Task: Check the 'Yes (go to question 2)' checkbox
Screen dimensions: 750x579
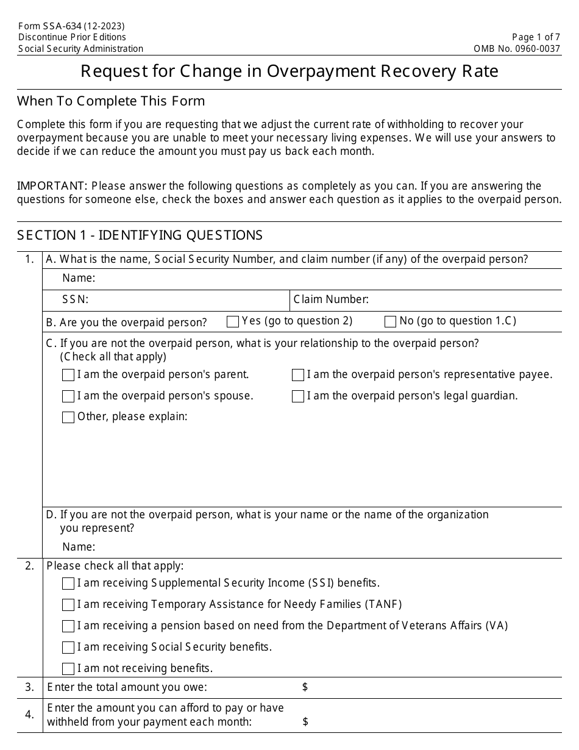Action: coord(232,321)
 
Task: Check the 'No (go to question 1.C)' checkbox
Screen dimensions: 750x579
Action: coord(390,321)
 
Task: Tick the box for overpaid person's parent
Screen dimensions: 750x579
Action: coord(68,375)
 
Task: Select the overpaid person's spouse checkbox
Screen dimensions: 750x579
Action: coord(68,396)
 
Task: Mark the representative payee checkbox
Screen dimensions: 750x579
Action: coord(297,375)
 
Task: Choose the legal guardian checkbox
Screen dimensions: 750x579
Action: coord(297,396)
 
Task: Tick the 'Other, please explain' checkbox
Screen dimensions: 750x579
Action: coord(68,417)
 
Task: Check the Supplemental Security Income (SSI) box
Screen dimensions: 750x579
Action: coord(68,584)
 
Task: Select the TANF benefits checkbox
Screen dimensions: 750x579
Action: coord(68,605)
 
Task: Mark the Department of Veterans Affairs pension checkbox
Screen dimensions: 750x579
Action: coord(68,626)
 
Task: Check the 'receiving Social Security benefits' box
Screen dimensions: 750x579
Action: coord(68,648)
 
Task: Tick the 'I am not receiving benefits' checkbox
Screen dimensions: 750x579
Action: coord(68,668)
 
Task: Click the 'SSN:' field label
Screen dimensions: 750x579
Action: coord(76,299)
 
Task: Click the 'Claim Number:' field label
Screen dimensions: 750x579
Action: coord(331,299)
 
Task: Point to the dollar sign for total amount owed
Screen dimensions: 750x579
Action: coord(305,687)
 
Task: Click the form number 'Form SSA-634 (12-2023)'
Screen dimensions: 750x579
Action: coord(71,26)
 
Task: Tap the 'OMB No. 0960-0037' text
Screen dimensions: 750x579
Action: coord(517,49)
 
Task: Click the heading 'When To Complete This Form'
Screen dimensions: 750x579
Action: coord(111,101)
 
